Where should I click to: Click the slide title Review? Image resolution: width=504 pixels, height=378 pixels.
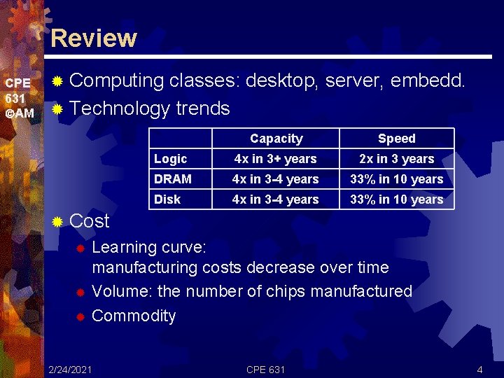[94, 38]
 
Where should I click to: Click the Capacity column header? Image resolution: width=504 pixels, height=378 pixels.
[276, 139]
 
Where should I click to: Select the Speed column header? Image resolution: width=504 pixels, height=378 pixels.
[396, 139]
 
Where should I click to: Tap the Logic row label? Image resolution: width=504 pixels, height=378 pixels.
[170, 159]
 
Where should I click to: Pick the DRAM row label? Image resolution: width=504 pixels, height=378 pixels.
[173, 179]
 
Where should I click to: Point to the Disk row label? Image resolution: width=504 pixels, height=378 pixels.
[167, 199]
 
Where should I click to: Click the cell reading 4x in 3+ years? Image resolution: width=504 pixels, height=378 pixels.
[276, 159]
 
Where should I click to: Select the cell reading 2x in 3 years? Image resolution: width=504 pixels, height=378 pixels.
[396, 159]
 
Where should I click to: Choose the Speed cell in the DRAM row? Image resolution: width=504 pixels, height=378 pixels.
[396, 179]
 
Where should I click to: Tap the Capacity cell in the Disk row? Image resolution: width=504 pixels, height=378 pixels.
[276, 199]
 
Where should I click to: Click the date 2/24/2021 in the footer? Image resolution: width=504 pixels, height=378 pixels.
[69, 369]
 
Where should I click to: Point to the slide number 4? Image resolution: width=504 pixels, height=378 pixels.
[479, 369]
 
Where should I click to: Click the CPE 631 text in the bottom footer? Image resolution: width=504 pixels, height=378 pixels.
[265, 369]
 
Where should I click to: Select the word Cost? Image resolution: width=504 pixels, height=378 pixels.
[90, 221]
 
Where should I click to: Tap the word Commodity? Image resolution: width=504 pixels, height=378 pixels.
[134, 316]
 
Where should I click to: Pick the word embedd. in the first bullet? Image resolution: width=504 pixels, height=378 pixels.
[427, 81]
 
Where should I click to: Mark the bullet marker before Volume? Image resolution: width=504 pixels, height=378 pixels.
[80, 292]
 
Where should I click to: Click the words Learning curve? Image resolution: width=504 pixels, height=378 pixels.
[148, 247]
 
